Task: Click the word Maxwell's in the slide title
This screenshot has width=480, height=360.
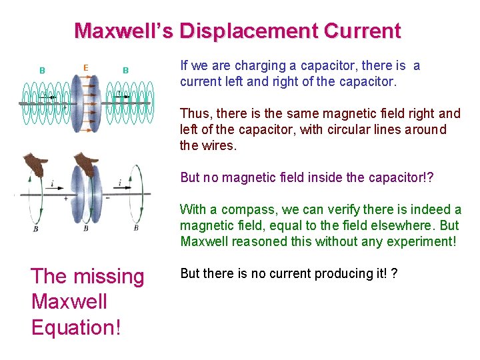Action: pyautogui.click(x=124, y=31)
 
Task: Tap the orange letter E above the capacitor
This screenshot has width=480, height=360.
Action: pyautogui.click(x=85, y=67)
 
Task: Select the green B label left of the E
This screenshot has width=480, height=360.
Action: pyautogui.click(x=42, y=70)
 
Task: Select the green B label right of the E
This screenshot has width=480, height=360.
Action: pyautogui.click(x=125, y=70)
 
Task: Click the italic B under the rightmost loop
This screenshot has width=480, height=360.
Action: pyautogui.click(x=136, y=228)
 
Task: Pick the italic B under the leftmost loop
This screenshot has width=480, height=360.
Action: pyautogui.click(x=36, y=229)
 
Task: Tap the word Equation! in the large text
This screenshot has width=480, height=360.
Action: pyautogui.click(x=77, y=327)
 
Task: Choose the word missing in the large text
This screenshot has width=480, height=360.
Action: pyautogui.click(x=109, y=276)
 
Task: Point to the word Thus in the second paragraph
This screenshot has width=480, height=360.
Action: pyautogui.click(x=193, y=114)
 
